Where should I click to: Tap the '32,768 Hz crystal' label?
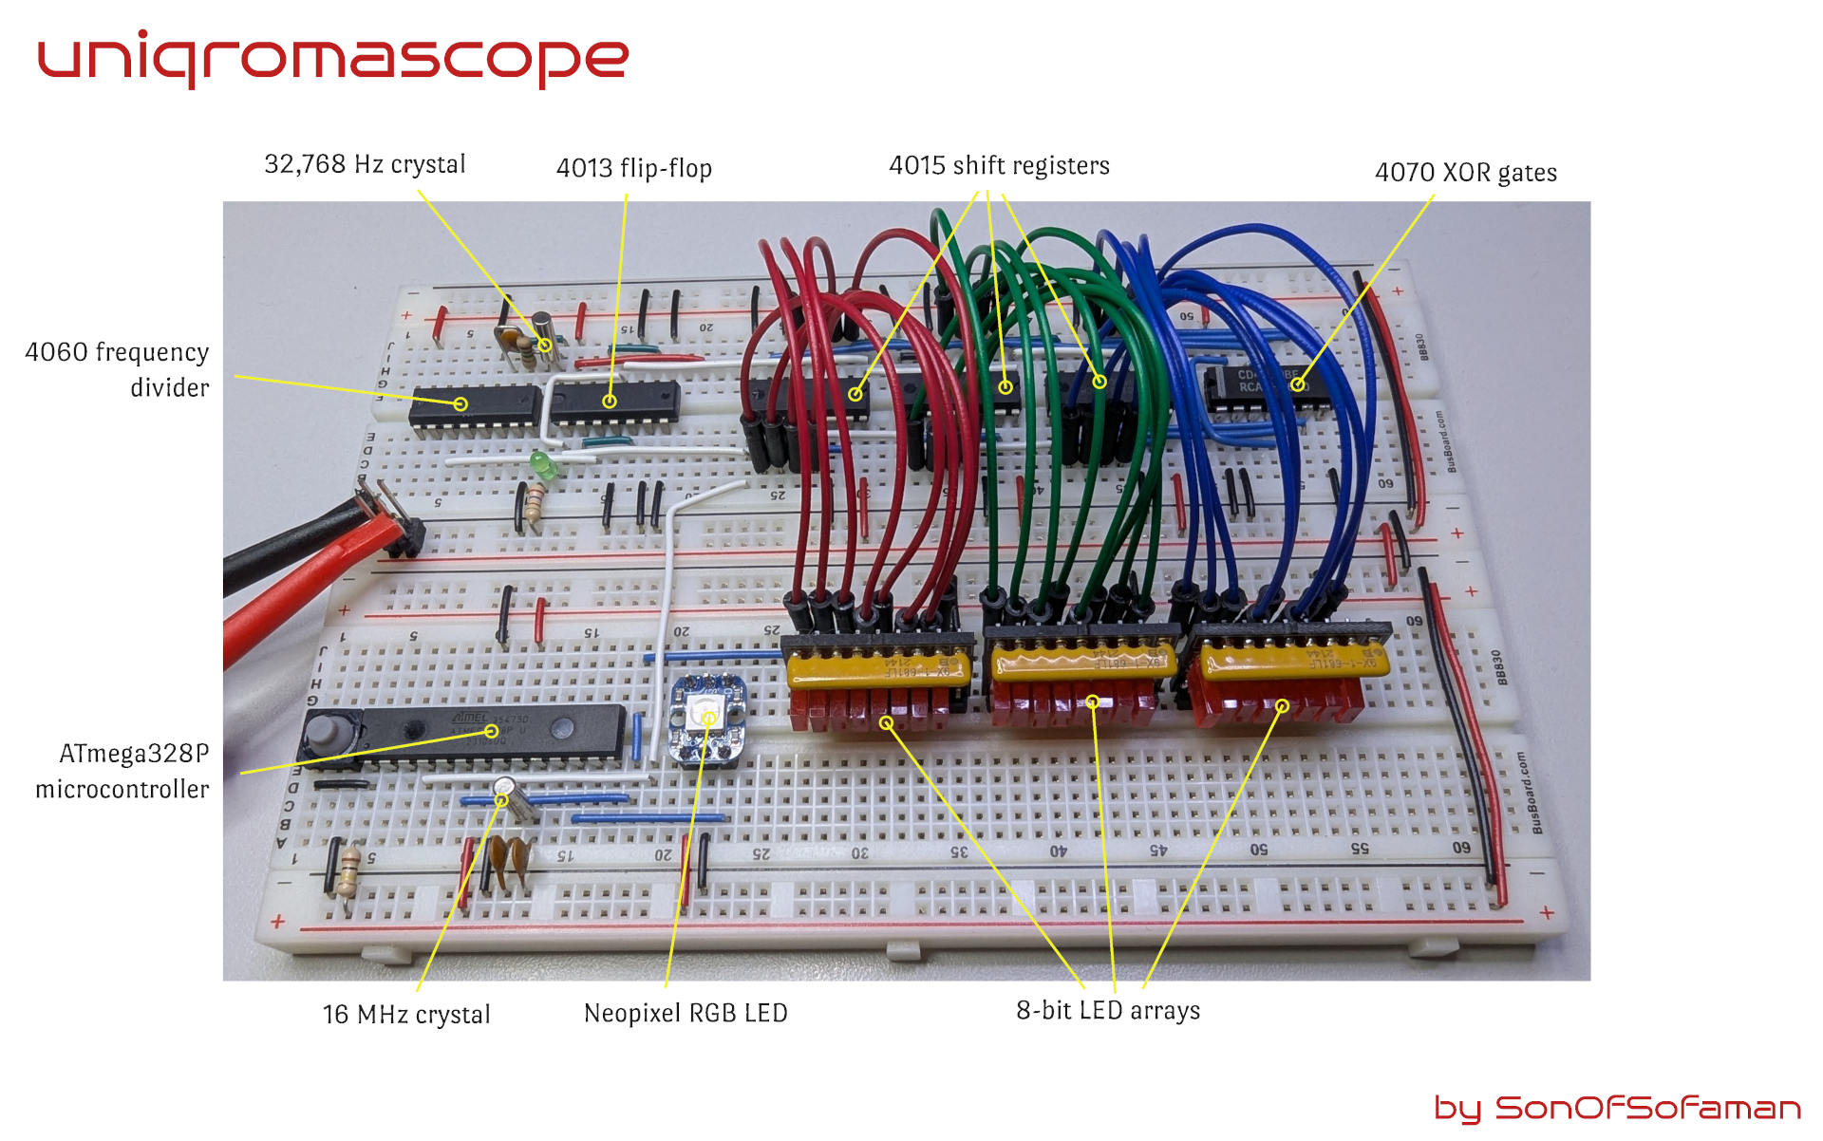click(x=365, y=164)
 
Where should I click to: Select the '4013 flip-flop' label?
click(x=633, y=168)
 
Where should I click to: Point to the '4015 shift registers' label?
click(x=999, y=165)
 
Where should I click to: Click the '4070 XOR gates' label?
click(x=1465, y=173)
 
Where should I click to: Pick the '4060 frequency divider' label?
click(x=117, y=369)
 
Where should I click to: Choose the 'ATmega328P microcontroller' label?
click(x=122, y=771)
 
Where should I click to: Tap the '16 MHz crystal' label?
click(x=406, y=1014)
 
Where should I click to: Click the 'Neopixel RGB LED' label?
click(x=686, y=1013)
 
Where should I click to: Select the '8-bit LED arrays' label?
click(x=1108, y=1010)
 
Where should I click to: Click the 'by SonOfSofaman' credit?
click(x=1617, y=1108)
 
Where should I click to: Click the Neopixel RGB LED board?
click(x=707, y=720)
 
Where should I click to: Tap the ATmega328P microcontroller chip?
click(x=494, y=733)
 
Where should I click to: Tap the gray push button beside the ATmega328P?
click(x=326, y=734)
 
